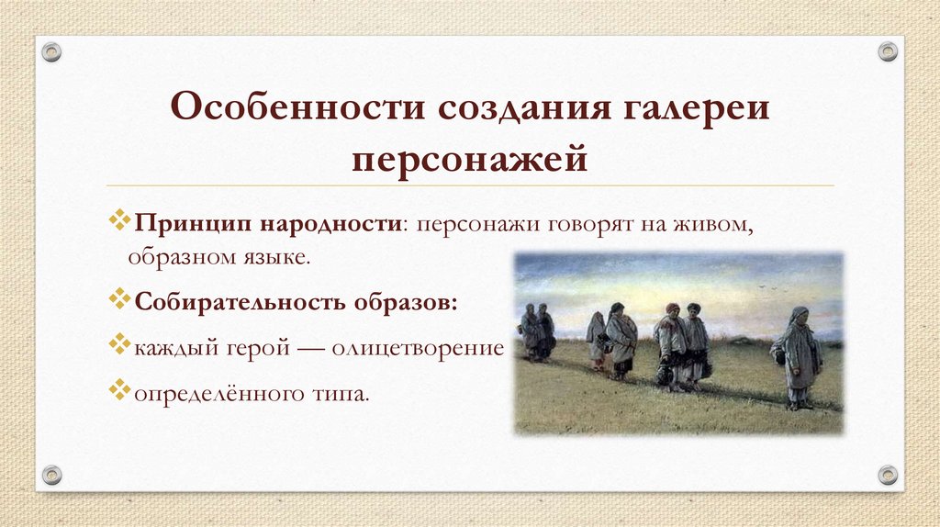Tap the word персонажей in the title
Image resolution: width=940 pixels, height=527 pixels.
pyautogui.click(x=469, y=160)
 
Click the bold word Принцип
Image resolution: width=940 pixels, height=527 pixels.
pyautogui.click(x=192, y=225)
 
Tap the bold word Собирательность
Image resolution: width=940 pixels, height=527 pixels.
pyautogui.click(x=241, y=302)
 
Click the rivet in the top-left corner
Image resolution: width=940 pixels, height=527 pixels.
pyautogui.click(x=52, y=51)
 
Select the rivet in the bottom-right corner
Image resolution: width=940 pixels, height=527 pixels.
pyautogui.click(x=887, y=475)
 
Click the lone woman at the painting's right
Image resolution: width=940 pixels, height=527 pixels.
pyautogui.click(x=798, y=358)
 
